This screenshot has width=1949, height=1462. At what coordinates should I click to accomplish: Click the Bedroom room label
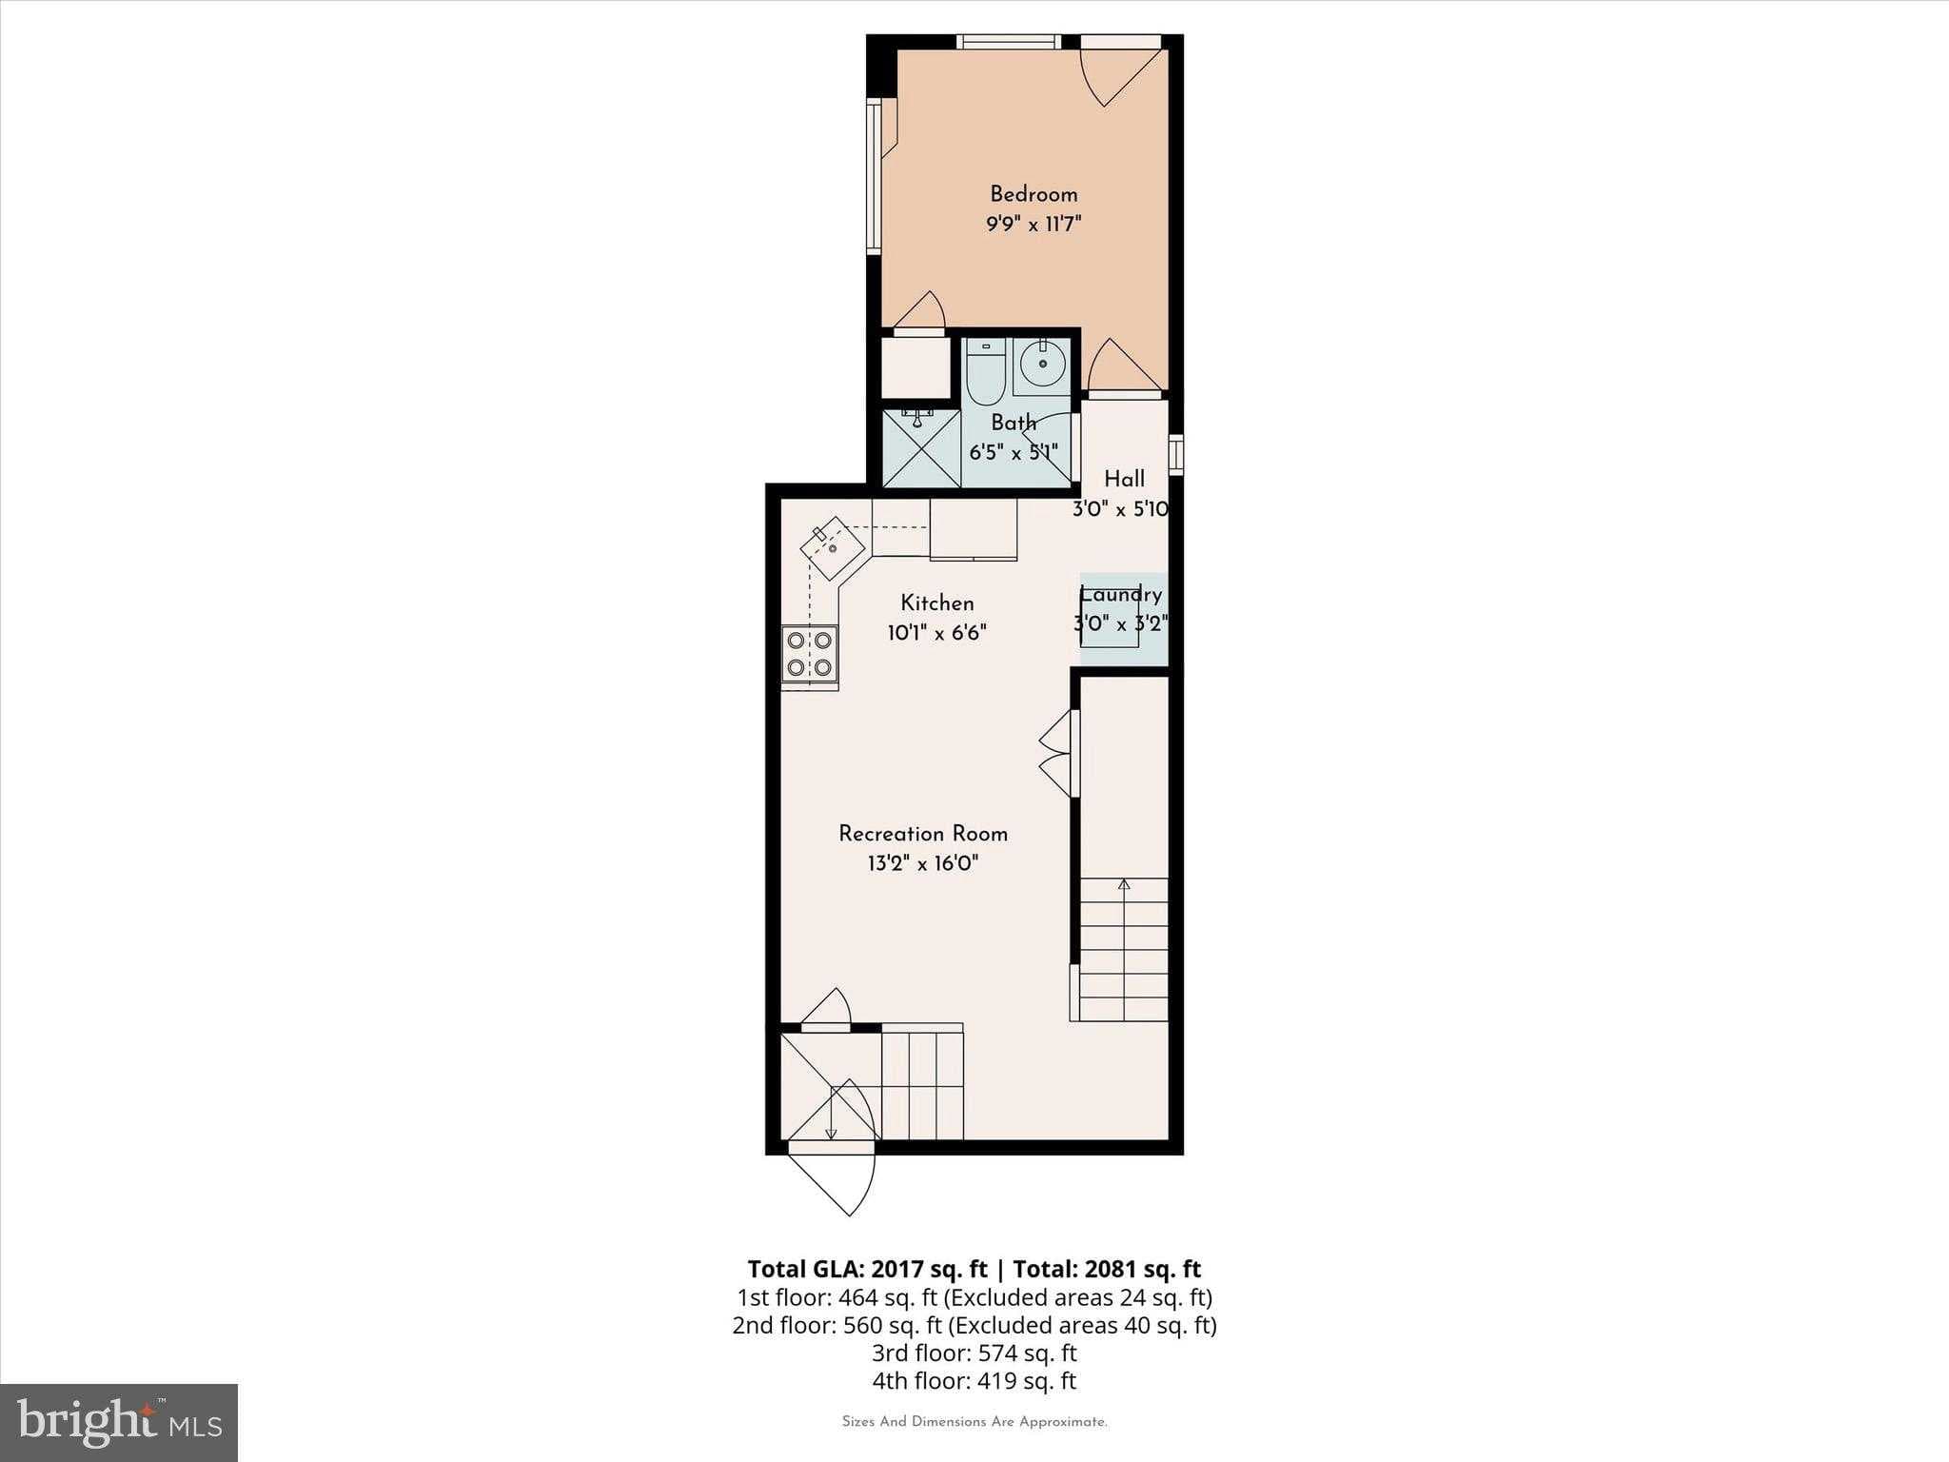[x=1034, y=194]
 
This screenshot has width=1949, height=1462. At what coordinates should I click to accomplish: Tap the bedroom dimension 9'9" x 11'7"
[x=1034, y=225]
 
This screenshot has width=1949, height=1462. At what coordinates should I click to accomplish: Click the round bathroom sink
[x=1043, y=364]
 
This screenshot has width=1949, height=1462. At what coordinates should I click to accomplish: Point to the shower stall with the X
[x=920, y=449]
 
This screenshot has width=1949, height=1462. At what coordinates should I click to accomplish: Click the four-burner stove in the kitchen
[x=810, y=654]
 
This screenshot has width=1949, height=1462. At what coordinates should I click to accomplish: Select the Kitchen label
[x=937, y=603]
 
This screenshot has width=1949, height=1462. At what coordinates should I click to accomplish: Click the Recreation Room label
[x=922, y=834]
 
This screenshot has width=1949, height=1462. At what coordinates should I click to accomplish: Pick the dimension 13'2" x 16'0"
[x=922, y=864]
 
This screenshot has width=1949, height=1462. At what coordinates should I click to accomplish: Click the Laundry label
[x=1121, y=595]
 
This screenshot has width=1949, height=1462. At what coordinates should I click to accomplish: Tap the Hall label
[x=1124, y=479]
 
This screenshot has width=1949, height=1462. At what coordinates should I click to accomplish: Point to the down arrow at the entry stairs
[x=831, y=1131]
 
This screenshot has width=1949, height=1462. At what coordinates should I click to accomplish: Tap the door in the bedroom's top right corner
[x=1123, y=71]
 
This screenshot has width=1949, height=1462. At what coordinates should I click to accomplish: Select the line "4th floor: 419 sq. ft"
[x=974, y=1381]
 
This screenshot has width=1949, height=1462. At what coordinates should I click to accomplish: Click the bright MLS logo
[x=119, y=1423]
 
